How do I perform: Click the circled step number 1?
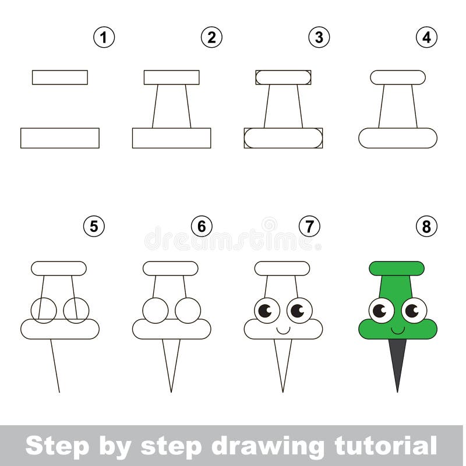point(104,38)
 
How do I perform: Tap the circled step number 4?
point(426,38)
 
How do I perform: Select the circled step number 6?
point(202,226)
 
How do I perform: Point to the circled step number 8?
point(426,226)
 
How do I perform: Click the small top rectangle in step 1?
point(60,77)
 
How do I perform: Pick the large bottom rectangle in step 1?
point(60,138)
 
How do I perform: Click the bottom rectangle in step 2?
point(171,138)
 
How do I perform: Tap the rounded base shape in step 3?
point(283,138)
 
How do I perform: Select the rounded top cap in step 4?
point(398,77)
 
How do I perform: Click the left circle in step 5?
point(44,310)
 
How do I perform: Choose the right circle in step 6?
point(188,310)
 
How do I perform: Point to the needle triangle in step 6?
point(171,361)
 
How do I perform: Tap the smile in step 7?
point(283,330)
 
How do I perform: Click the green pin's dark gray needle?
point(398,361)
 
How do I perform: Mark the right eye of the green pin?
point(414,310)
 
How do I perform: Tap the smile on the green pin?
point(397,330)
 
